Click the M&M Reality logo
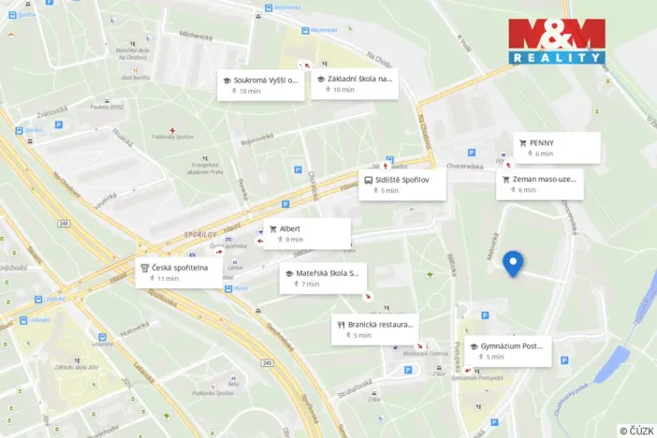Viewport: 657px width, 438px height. tap(556, 40)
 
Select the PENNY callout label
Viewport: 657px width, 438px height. tap(557, 148)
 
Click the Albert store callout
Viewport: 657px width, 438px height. tap(306, 233)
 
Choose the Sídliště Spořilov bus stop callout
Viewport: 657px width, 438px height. tap(403, 183)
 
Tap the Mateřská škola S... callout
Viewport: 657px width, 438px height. tap(323, 278)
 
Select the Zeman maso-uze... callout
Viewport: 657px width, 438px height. tap(540, 183)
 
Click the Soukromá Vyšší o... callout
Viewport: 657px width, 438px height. tap(261, 85)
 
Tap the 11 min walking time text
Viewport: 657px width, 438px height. tap(168, 278)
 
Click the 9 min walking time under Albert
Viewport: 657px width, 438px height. tap(293, 240)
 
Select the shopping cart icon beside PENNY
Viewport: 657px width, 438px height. tap(522, 143)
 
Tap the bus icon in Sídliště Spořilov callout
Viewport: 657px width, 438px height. tap(368, 179)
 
